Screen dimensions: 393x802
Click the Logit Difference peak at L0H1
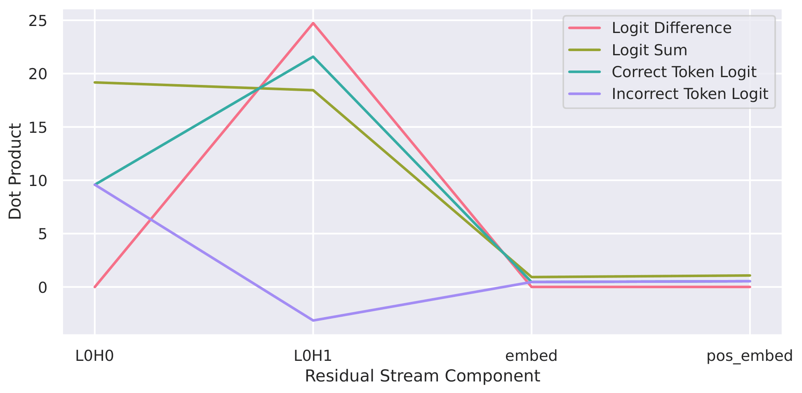click(313, 23)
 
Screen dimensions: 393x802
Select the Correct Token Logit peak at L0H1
click(313, 57)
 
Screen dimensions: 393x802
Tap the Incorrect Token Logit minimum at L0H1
click(313, 320)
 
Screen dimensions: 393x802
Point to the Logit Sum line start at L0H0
click(95, 82)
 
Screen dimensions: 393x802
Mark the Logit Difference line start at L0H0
click(95, 287)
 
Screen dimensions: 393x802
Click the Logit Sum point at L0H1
click(313, 90)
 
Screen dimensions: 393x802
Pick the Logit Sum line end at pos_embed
click(750, 275)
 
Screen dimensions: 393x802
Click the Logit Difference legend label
click(671, 28)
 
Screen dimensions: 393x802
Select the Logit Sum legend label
click(649, 50)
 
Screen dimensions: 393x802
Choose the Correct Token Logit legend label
click(684, 72)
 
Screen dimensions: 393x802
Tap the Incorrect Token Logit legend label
click(690, 94)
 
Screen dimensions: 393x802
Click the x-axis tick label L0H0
click(94, 355)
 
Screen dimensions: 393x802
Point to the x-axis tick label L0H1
click(313, 355)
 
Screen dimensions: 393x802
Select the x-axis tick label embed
click(531, 355)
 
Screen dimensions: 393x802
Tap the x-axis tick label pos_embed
click(749, 355)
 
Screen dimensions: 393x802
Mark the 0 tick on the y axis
click(43, 287)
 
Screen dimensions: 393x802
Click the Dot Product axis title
click(15, 171)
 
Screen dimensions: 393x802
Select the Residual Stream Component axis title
click(422, 376)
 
